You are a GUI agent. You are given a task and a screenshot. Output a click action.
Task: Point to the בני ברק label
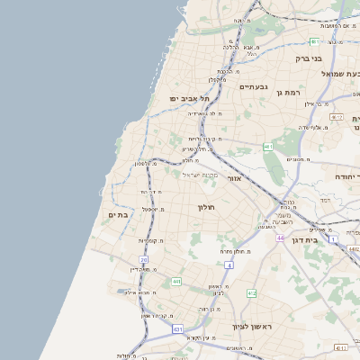click(309, 58)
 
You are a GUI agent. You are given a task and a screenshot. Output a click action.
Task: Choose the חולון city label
click(204, 208)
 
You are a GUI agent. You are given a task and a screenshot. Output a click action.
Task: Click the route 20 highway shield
click(143, 260)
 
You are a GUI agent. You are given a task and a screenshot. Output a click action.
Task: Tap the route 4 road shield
click(229, 266)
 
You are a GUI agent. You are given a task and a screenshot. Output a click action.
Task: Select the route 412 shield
click(251, 293)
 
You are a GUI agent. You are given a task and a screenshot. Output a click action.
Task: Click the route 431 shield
click(177, 330)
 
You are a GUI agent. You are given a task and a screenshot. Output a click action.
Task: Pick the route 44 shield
click(280, 238)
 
